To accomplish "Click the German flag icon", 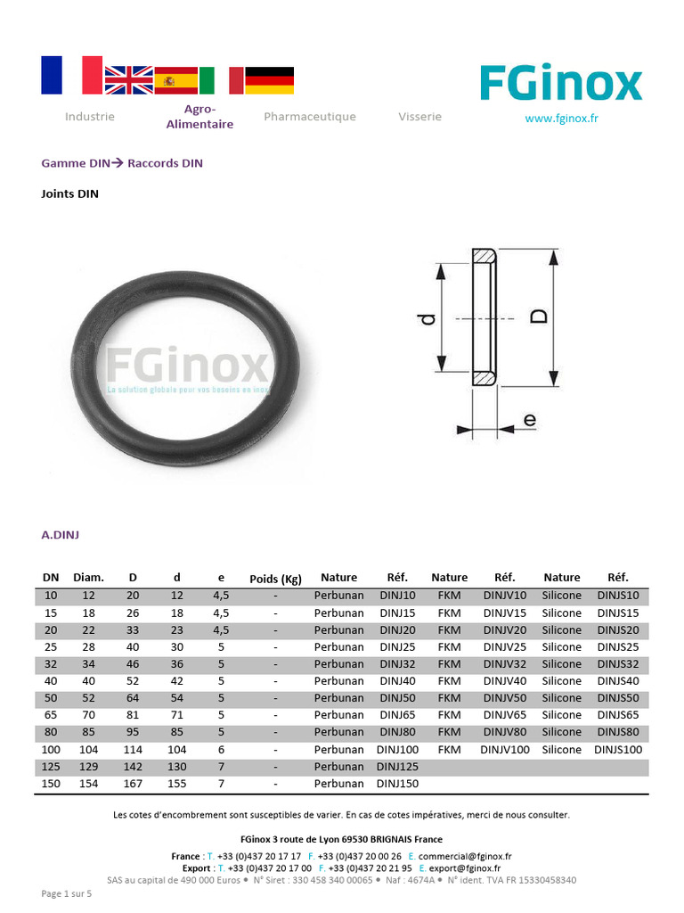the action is click(269, 80).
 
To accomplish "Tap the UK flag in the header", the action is click(128, 80).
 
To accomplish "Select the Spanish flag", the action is click(175, 80).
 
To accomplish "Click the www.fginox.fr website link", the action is click(561, 119).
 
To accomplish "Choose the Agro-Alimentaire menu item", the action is click(199, 117).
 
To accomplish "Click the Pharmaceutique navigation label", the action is click(309, 117).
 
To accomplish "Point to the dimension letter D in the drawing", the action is click(540, 317).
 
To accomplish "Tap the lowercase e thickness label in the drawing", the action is click(529, 419).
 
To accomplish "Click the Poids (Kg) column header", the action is click(276, 579).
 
